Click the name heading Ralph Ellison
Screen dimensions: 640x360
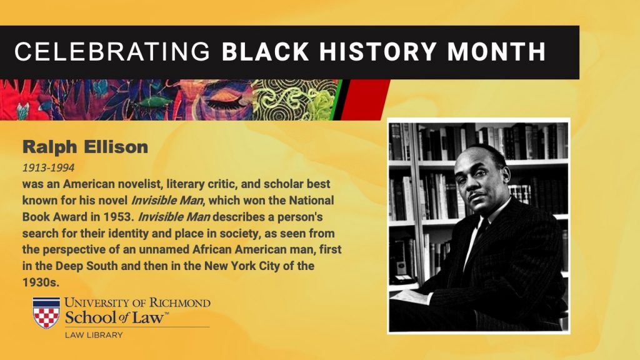[x=85, y=147]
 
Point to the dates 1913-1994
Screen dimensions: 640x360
[x=48, y=167]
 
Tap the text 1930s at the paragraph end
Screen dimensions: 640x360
[x=41, y=282]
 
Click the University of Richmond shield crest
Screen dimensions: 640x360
[x=46, y=312]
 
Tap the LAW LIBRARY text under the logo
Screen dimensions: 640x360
[x=94, y=335]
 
